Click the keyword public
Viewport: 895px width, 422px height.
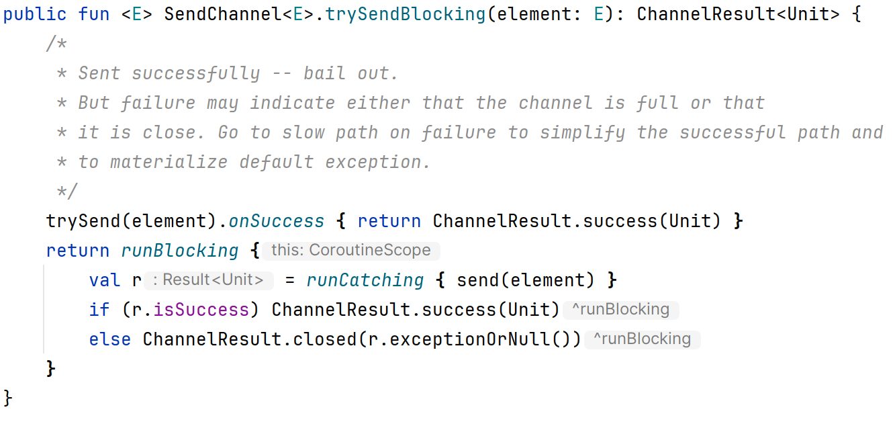(x=35, y=14)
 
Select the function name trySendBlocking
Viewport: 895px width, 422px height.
(x=406, y=14)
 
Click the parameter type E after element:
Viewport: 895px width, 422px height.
(x=599, y=14)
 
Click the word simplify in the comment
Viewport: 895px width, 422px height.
(x=583, y=132)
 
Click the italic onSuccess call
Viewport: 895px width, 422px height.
(x=277, y=221)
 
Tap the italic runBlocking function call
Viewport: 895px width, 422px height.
(x=180, y=251)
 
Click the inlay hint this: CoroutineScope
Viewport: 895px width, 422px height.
(x=350, y=251)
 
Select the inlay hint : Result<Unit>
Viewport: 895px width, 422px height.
(x=209, y=280)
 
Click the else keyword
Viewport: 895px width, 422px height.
(x=110, y=339)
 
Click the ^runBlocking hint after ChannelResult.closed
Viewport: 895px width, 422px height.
(x=643, y=339)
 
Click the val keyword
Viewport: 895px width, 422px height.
(x=105, y=280)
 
